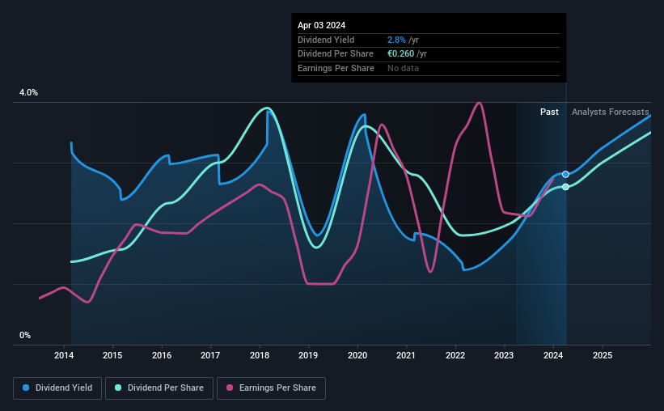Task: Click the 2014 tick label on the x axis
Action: [x=64, y=355]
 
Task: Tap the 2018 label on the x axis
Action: [x=260, y=355]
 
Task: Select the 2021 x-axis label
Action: [x=406, y=355]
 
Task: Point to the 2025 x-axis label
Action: [x=602, y=355]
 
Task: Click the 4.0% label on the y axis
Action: [x=28, y=93]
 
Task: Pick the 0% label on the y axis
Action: [x=25, y=335]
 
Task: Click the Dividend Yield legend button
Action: [x=57, y=388]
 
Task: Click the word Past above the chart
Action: [x=549, y=112]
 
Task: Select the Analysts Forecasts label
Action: [x=610, y=112]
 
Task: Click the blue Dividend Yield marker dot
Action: [x=565, y=175]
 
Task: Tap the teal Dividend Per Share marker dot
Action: [x=565, y=187]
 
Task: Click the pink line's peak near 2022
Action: [x=480, y=103]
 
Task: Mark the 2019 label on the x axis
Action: [x=308, y=355]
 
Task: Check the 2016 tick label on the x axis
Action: [x=162, y=355]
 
